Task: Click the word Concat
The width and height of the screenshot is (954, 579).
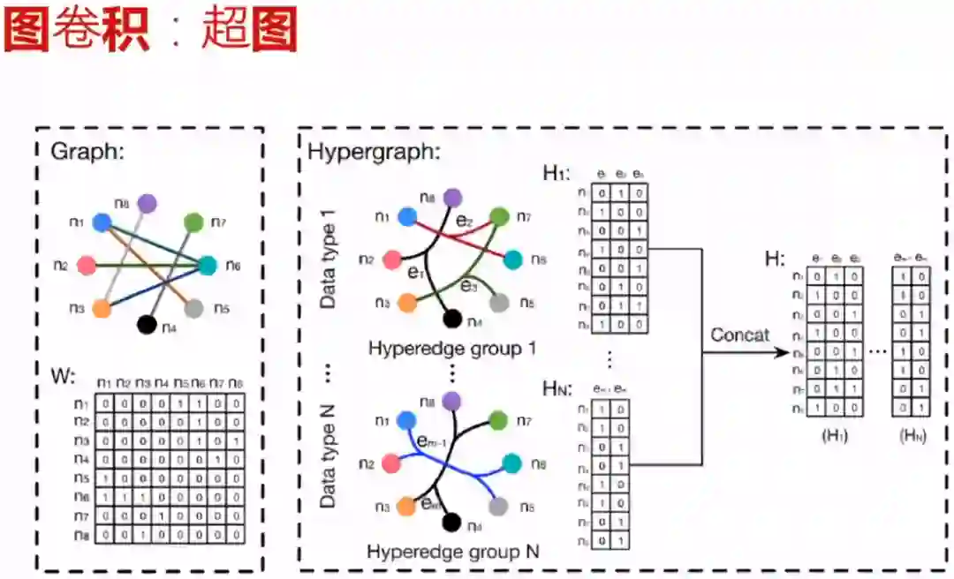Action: tap(740, 335)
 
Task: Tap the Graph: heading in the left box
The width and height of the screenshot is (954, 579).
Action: tap(87, 151)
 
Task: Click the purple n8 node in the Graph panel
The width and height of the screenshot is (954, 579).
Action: tap(148, 204)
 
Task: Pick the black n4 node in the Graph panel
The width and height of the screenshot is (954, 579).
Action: tap(147, 324)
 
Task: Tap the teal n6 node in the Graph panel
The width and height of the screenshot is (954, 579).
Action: tap(207, 264)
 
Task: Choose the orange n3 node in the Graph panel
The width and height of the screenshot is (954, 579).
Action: tap(102, 308)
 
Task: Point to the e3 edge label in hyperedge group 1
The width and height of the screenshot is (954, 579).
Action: tap(469, 285)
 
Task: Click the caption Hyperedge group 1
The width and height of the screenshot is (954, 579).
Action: tap(452, 349)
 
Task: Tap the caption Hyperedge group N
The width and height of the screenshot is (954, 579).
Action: tap(452, 553)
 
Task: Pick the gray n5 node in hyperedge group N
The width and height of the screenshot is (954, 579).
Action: tap(499, 507)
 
